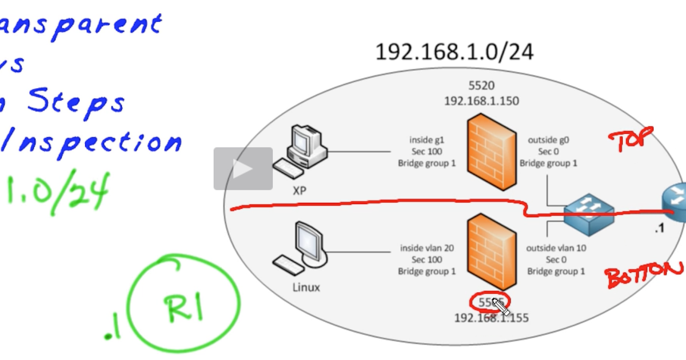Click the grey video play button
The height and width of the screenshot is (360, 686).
point(243,169)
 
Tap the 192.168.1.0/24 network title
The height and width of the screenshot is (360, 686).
point(454,52)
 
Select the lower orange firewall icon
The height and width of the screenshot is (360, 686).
point(491,251)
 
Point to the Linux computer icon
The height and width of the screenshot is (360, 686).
point(303,249)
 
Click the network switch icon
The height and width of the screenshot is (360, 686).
point(588,216)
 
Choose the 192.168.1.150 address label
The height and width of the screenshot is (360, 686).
point(482,100)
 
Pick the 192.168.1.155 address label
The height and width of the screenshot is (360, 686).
point(491,318)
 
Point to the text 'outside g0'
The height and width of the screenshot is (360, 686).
point(548,140)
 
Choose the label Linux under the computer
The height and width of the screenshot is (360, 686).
point(304,287)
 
